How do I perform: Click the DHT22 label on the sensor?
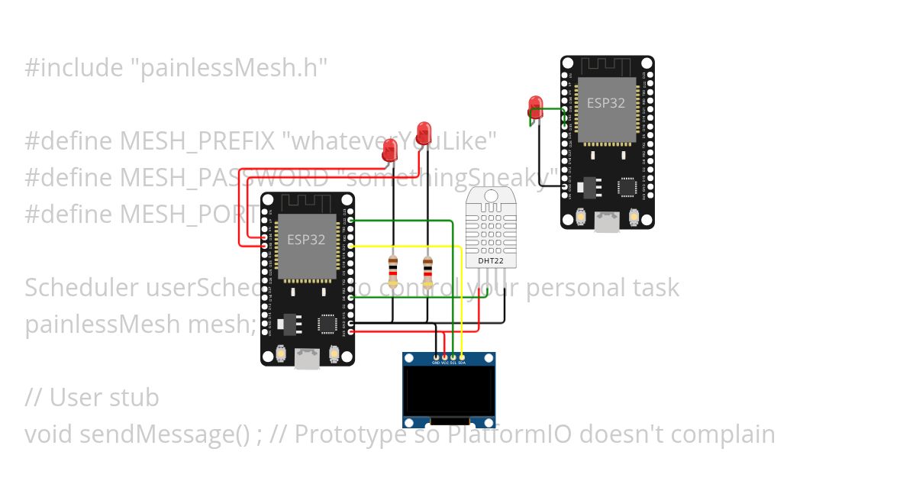(491, 261)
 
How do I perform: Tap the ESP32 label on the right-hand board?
(606, 103)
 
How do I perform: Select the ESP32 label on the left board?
(306, 240)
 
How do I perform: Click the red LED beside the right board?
(535, 107)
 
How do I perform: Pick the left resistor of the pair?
(393, 268)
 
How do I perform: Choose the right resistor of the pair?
(427, 268)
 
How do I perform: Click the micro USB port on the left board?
(308, 357)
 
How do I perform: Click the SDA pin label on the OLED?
(463, 363)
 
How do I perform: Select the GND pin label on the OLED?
(436, 363)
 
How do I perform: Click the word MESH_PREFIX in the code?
(195, 141)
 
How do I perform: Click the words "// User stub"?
(92, 398)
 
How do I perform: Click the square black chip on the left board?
(327, 324)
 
